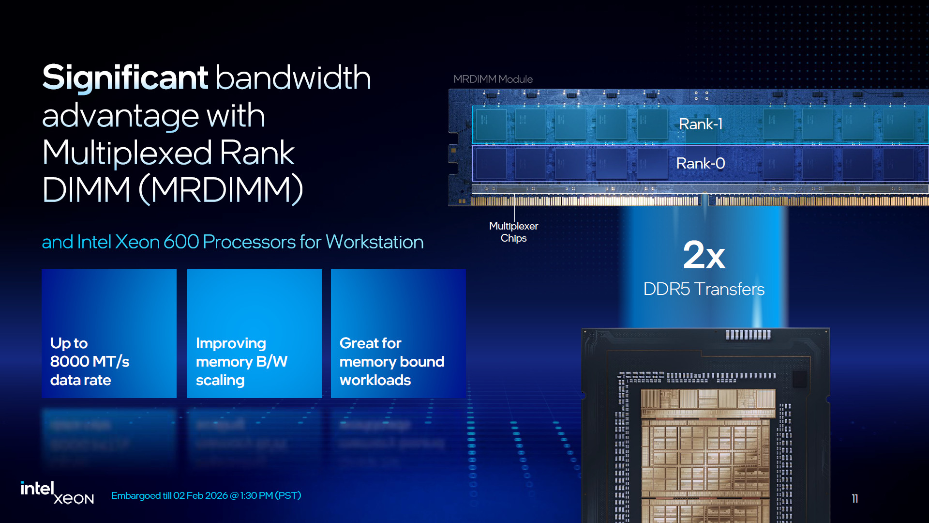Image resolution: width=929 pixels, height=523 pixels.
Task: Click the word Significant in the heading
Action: [x=125, y=79]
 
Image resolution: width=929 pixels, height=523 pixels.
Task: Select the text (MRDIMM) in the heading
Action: [x=221, y=190]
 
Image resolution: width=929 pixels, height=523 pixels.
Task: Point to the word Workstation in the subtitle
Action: [x=375, y=242]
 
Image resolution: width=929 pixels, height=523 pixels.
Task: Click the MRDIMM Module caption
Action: [x=493, y=79]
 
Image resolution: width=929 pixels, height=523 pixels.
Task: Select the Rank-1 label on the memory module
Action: [x=701, y=124]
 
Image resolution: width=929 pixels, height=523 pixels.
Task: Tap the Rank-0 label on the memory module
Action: [x=701, y=164]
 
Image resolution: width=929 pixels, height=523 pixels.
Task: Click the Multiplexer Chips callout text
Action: [x=513, y=232]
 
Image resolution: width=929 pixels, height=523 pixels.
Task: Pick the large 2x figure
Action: [x=704, y=255]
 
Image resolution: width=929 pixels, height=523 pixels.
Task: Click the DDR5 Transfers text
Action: [x=704, y=289]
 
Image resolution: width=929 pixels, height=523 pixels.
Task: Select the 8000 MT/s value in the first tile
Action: [x=90, y=362]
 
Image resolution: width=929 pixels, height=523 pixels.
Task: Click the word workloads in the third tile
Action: [x=375, y=380]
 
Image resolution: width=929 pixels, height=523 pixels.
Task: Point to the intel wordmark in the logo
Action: [x=37, y=489]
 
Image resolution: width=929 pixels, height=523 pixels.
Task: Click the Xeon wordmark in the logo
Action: [x=74, y=499]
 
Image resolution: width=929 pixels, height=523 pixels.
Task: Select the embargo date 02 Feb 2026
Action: [x=200, y=495]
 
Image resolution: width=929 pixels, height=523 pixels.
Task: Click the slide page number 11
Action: [x=855, y=499]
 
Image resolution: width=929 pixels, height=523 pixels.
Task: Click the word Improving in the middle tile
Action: [x=231, y=344]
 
